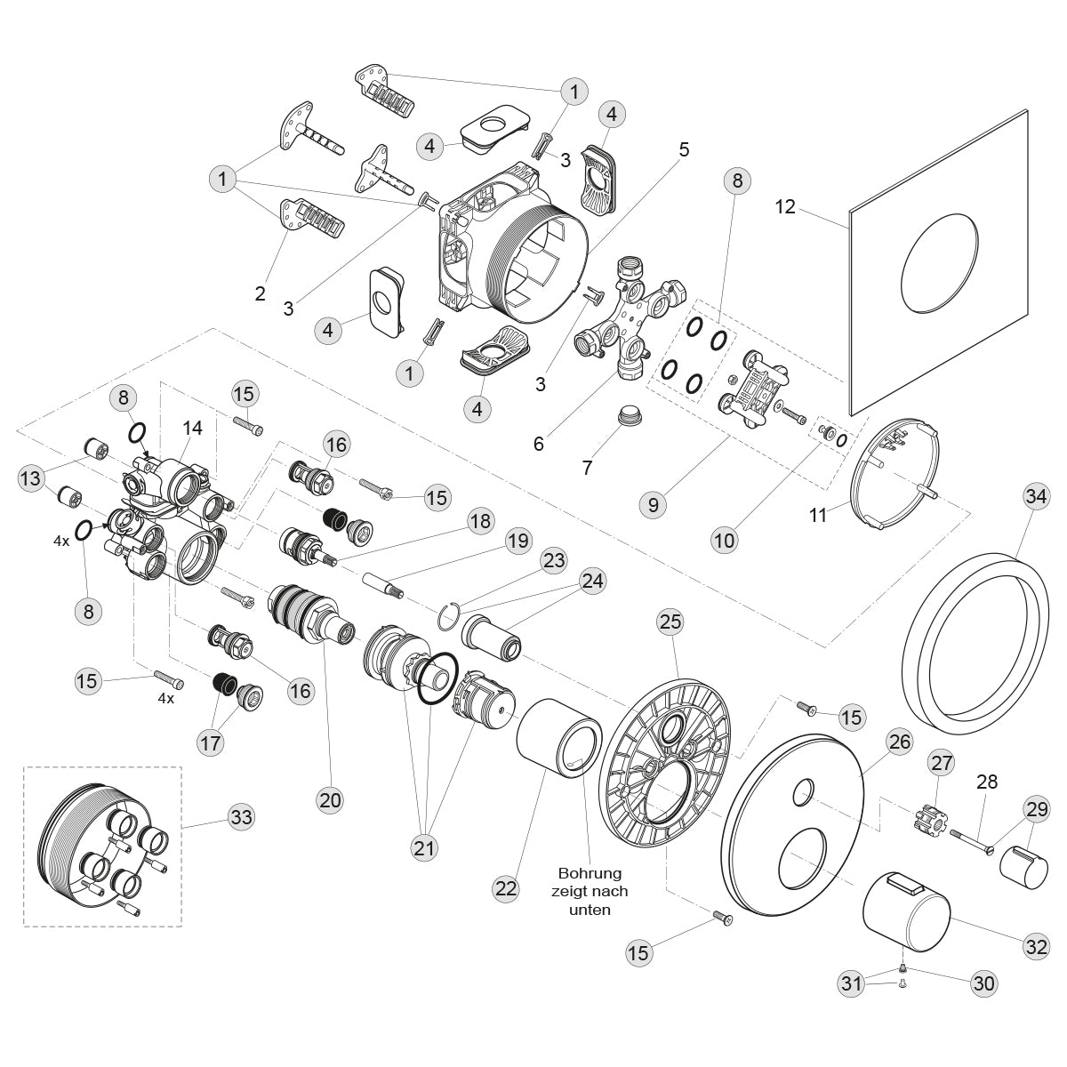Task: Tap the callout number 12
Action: (785, 207)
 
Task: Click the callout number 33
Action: (241, 816)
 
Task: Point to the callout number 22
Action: (506, 887)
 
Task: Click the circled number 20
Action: (330, 800)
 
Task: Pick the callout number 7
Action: (587, 467)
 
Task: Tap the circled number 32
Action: (1037, 947)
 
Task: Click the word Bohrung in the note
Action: (590, 873)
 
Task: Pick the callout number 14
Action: (193, 428)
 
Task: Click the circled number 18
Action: (480, 521)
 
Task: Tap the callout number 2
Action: (261, 293)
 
